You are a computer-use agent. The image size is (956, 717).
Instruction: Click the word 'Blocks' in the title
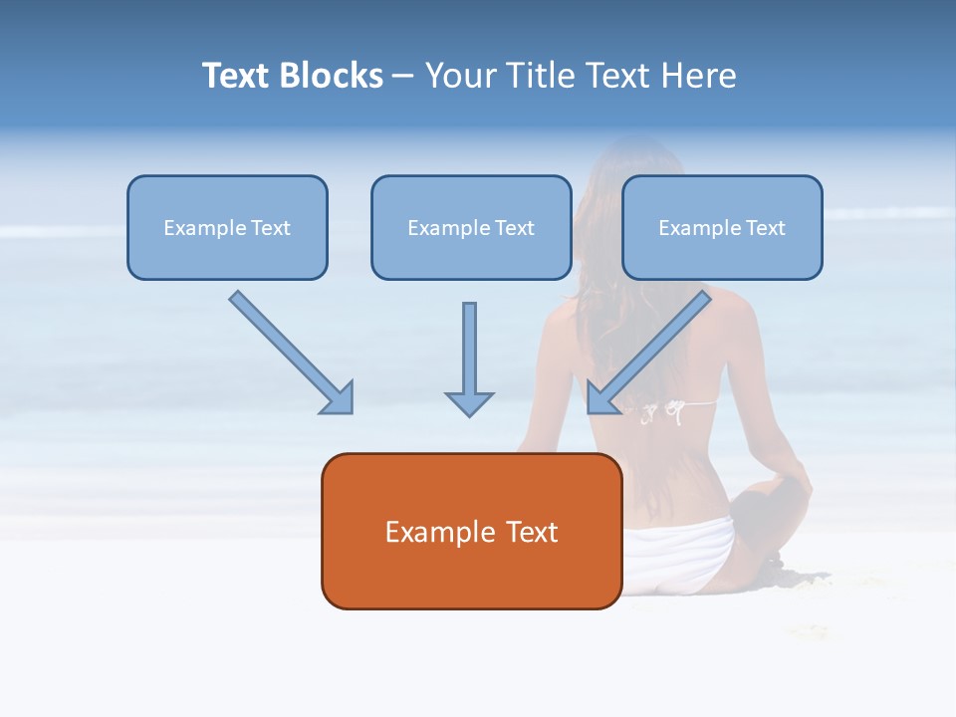tap(331, 76)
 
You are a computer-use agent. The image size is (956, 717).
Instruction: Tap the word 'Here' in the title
tap(701, 76)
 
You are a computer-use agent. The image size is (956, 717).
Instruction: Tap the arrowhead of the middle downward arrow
tap(469, 402)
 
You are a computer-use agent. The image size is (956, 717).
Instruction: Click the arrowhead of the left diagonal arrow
tap(339, 398)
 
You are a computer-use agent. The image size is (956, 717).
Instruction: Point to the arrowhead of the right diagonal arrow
tap(601, 398)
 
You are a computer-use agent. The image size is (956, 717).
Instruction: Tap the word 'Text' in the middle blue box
tap(515, 228)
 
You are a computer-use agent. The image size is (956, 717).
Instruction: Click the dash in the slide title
tap(403, 76)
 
